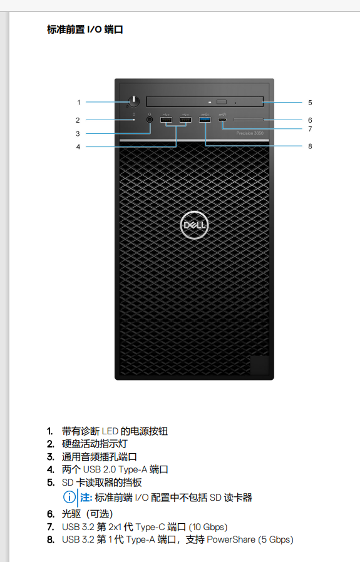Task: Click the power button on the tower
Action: [x=134, y=101]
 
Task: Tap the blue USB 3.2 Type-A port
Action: [x=205, y=120]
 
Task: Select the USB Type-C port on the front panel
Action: [x=222, y=120]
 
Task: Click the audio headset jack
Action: [x=150, y=120]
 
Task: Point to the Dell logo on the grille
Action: [x=194, y=225]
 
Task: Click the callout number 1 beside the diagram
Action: [x=78, y=103]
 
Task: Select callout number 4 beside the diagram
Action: [x=78, y=146]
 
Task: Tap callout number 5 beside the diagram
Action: [x=310, y=103]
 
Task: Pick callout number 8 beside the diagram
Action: [x=310, y=146]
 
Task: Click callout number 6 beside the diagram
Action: [x=310, y=120]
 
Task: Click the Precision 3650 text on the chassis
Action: [x=250, y=133]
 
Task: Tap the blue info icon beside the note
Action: [x=69, y=497]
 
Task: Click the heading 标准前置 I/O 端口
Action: [x=85, y=29]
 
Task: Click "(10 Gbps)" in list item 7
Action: [x=208, y=527]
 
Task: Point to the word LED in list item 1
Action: [x=110, y=431]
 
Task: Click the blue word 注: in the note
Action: [x=86, y=498]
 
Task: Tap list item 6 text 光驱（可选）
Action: [x=88, y=514]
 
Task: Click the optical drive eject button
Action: [x=222, y=102]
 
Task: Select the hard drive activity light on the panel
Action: [x=134, y=120]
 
